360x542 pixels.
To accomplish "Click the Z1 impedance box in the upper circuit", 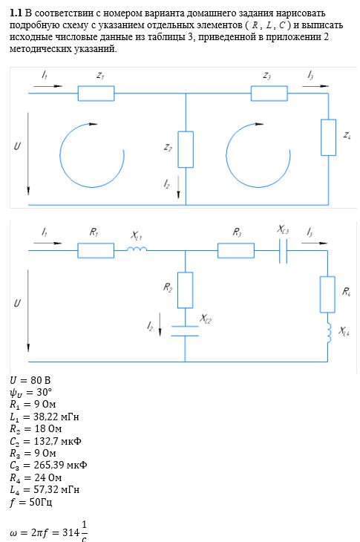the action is click(x=96, y=94).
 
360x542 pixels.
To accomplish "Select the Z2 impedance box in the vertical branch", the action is click(x=186, y=149).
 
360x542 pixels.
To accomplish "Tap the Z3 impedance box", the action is click(x=269, y=94).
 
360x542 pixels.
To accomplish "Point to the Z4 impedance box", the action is click(x=328, y=137).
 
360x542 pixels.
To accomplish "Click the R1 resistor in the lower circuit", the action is click(x=96, y=251).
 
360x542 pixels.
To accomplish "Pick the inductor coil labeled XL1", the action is click(x=137, y=249).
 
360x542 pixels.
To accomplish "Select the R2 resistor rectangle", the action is click(x=185, y=290).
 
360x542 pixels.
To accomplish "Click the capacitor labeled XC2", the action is click(x=185, y=331).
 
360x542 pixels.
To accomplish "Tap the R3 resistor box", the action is click(x=236, y=251).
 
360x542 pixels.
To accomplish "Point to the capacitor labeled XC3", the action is click(x=283, y=251).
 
